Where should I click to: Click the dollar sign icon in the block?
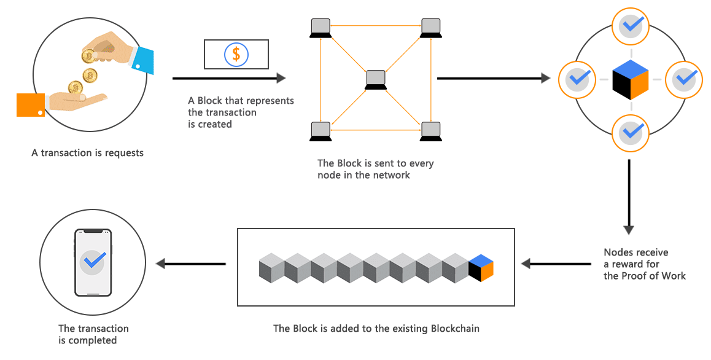click(x=236, y=55)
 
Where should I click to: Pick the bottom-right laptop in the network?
click(x=431, y=131)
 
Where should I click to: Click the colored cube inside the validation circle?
click(x=631, y=80)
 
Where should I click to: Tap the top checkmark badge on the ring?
click(x=631, y=26)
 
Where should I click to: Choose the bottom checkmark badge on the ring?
click(x=631, y=132)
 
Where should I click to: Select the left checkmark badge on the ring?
click(x=577, y=79)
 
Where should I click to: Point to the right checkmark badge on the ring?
click(x=683, y=79)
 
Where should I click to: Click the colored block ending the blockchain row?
click(x=481, y=268)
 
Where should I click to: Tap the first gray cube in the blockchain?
click(x=271, y=268)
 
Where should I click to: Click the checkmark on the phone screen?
click(x=93, y=262)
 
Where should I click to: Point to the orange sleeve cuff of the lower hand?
click(x=31, y=105)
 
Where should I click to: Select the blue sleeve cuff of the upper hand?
click(x=143, y=60)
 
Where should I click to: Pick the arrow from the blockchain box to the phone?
click(x=190, y=264)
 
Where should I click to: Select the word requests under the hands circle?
click(x=123, y=152)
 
